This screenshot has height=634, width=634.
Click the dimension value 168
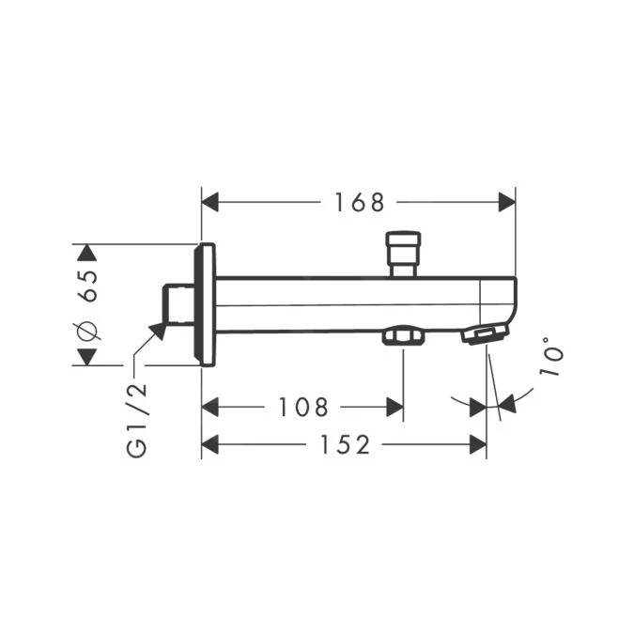359,202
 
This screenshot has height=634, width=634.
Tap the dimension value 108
303,408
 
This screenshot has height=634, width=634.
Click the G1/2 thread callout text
136,421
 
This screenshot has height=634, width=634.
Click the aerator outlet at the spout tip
485,334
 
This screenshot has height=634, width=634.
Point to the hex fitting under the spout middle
402,335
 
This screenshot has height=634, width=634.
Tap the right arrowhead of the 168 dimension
506,202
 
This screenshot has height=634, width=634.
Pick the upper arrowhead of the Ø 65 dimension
87,252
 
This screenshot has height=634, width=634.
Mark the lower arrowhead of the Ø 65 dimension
87,357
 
